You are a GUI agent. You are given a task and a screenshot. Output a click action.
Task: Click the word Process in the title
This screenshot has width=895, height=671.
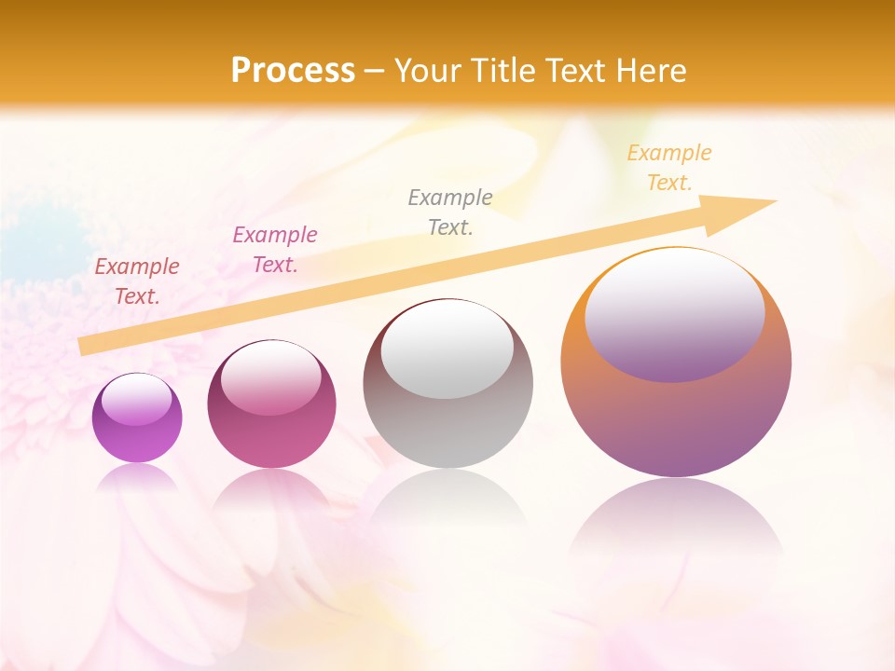(293, 71)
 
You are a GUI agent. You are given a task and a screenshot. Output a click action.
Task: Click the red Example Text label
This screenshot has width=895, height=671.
(137, 281)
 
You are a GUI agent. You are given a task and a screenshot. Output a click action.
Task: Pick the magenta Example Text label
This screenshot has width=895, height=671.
(275, 250)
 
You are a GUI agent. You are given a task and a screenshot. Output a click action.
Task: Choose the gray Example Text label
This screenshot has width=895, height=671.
(450, 212)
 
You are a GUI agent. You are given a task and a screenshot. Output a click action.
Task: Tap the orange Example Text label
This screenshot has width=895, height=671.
(669, 168)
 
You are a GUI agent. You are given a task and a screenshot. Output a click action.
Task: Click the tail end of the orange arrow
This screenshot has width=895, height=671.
(86, 346)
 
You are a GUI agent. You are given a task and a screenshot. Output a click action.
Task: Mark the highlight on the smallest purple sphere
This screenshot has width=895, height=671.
(137, 401)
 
